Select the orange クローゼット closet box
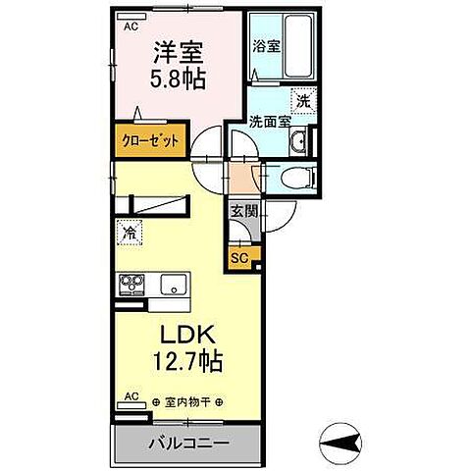coord(150,140)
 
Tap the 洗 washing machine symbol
coord(303,100)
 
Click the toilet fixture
coord(298,180)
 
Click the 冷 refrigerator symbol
coord(129,234)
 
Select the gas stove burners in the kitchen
coord(131,286)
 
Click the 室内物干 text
coord(188,402)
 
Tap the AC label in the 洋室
coord(131,27)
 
